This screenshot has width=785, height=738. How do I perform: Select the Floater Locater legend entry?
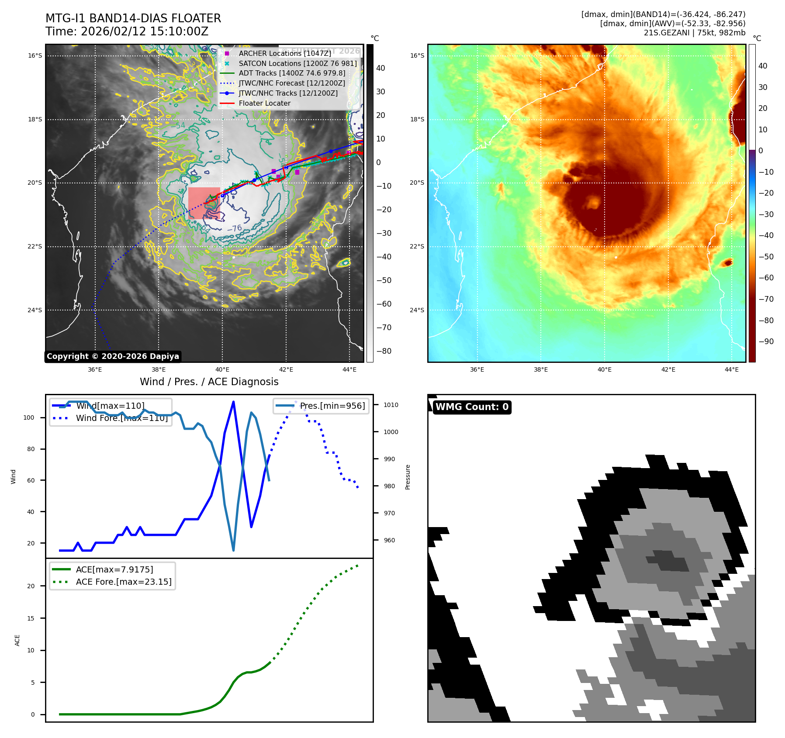point(264,103)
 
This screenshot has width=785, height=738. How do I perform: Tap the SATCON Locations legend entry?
point(297,63)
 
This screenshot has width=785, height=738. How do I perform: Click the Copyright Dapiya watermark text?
point(113,356)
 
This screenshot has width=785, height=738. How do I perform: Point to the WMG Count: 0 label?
point(472,407)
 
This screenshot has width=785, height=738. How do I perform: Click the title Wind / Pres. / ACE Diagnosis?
point(209,382)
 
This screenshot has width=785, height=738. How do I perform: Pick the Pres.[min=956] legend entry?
point(332,406)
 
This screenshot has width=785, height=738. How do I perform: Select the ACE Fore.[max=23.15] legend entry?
point(124,582)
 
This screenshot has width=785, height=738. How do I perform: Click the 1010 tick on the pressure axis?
point(391,405)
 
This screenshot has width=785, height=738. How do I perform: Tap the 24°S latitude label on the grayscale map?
point(35,310)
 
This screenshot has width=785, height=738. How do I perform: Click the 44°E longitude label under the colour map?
point(732,369)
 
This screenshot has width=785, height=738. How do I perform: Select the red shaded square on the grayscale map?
point(204,203)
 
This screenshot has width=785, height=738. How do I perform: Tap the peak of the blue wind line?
point(233,402)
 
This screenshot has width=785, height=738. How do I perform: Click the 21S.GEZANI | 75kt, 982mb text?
point(694,33)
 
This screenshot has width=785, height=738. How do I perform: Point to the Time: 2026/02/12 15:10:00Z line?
point(127,31)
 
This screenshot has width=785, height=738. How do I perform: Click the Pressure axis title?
point(408,477)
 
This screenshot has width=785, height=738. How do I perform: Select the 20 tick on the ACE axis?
point(31,586)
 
